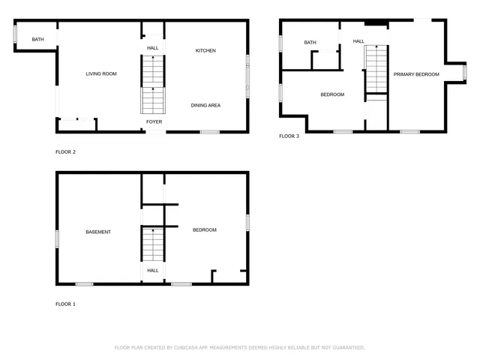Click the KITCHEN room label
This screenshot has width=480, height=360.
tap(205, 51)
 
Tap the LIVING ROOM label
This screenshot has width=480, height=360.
tap(101, 73)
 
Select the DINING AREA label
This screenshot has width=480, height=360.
tap(205, 106)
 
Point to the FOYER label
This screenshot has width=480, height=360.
tap(154, 121)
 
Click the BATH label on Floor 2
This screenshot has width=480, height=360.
tap(37, 39)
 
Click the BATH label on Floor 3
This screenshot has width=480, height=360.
tap(310, 43)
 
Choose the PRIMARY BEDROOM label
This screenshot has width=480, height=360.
tap(416, 74)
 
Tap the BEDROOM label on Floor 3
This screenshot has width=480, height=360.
tap(332, 94)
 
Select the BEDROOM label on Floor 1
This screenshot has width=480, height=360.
tap(205, 230)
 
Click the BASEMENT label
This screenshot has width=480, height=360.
tap(98, 232)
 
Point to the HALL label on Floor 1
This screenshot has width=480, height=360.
tap(153, 271)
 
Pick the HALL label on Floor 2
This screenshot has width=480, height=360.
tap(153, 48)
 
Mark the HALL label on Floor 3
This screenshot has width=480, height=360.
tap(358, 41)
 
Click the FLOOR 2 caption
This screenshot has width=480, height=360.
tap(66, 152)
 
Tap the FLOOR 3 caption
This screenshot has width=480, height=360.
tap(289, 136)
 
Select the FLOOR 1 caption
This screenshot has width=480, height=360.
tap(66, 304)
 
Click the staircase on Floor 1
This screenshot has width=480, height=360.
tap(153, 244)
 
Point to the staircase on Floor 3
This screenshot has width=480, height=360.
tap(375, 69)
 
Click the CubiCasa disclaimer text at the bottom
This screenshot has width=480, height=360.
tap(240, 348)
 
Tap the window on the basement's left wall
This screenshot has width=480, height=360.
tap(57, 238)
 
